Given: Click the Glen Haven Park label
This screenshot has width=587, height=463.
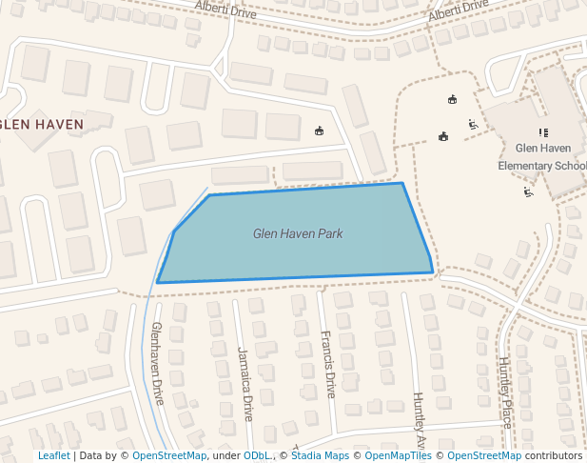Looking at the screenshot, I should [298, 233].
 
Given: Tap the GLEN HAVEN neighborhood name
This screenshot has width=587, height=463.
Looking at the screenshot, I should [42, 124].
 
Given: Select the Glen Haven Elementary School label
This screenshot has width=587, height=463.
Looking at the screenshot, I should [542, 156].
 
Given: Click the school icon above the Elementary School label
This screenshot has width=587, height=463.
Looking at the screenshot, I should [543, 132].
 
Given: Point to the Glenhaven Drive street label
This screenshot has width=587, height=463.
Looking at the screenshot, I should [158, 362].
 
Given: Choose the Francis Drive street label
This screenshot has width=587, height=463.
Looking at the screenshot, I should [328, 364].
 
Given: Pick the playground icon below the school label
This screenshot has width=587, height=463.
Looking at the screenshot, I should [528, 191].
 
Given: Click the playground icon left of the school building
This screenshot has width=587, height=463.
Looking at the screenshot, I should [473, 124].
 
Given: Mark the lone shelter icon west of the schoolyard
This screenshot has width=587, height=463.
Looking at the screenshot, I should [319, 131].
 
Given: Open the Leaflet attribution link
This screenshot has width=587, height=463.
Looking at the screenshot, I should [53, 455].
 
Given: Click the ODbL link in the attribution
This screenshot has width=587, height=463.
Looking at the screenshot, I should [257, 455].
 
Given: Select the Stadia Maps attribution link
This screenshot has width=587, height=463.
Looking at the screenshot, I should [320, 455].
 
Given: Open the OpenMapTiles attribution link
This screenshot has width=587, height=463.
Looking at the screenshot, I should [399, 455].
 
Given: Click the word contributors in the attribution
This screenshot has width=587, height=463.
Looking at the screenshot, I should [554, 455].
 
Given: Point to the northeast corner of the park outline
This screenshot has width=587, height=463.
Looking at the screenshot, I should [402, 183].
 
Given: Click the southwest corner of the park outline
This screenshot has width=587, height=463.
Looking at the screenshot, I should [158, 282].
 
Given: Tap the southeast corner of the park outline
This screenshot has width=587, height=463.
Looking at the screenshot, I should [433, 272].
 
